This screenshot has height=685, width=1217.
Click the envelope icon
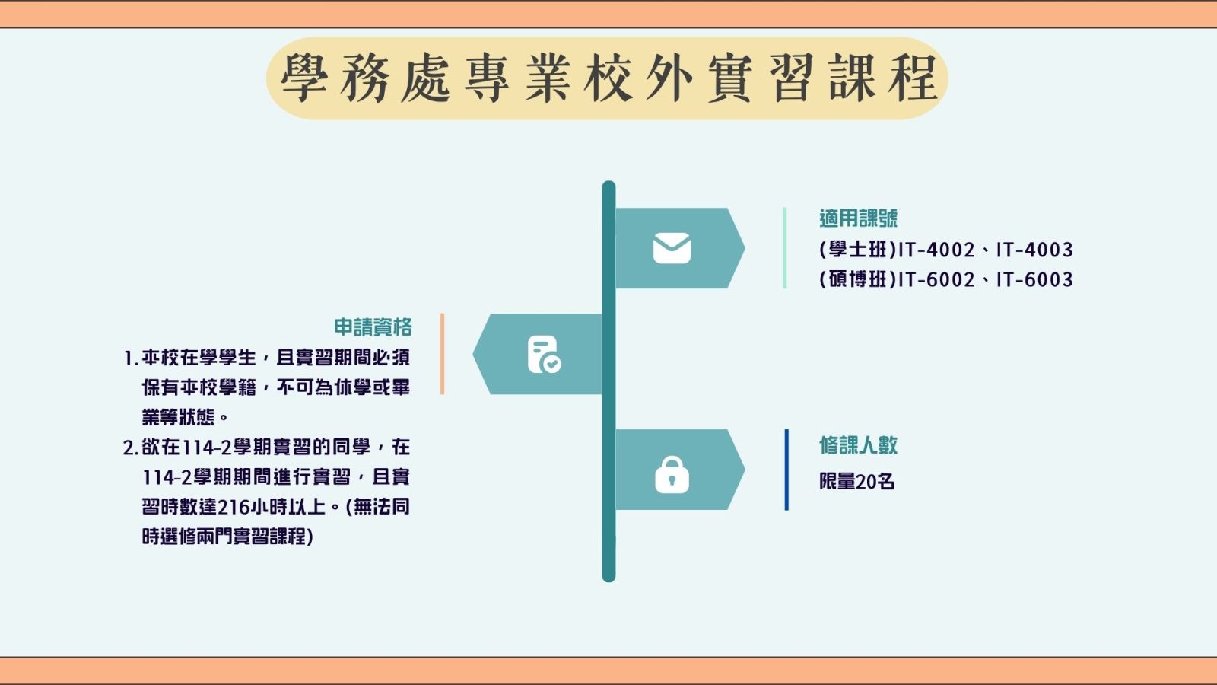click(x=672, y=248)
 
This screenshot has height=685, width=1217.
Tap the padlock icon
click(x=672, y=475)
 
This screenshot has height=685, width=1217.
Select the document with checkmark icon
click(x=544, y=355)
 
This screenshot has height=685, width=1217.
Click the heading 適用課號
click(x=859, y=218)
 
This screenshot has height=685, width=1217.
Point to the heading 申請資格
click(x=373, y=327)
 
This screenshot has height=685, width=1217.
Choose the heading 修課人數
click(x=859, y=445)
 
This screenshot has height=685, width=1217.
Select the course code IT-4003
click(x=1034, y=250)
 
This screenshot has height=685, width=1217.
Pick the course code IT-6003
click(x=1034, y=279)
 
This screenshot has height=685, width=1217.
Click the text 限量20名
click(x=856, y=482)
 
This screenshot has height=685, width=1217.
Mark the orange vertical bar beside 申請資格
click(x=442, y=354)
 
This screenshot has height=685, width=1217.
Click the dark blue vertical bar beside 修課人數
click(x=786, y=470)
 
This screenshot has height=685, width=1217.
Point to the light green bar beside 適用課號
click(x=784, y=248)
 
